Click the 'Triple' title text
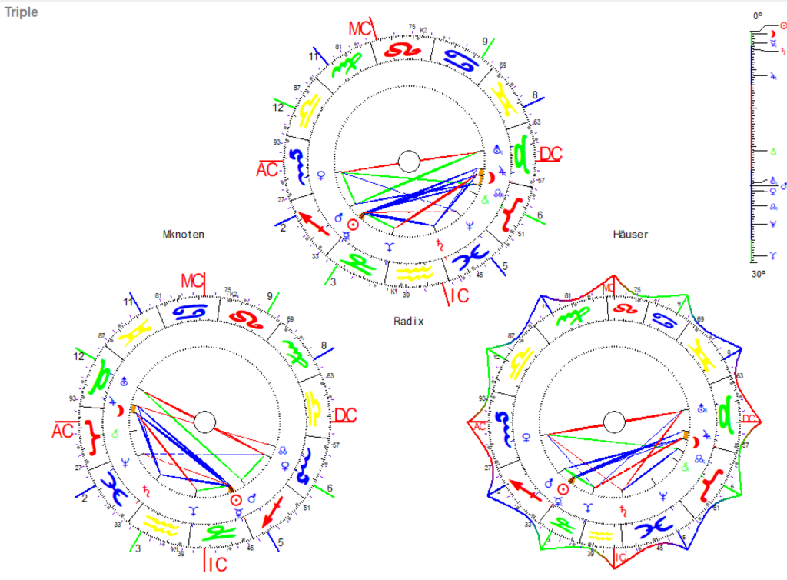point(22,13)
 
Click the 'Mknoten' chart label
point(184,234)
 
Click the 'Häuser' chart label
point(630,234)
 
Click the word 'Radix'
point(408,321)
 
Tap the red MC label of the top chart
point(360,29)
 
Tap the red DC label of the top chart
point(550,154)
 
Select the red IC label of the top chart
point(459,295)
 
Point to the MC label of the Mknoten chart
point(193,282)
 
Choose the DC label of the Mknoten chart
point(345,415)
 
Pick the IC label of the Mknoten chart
point(215,565)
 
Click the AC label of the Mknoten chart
point(63,431)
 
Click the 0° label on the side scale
point(758,15)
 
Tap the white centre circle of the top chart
point(409,161)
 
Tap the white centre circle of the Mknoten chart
point(204,422)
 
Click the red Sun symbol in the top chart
point(352,225)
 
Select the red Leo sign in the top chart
point(400,49)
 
